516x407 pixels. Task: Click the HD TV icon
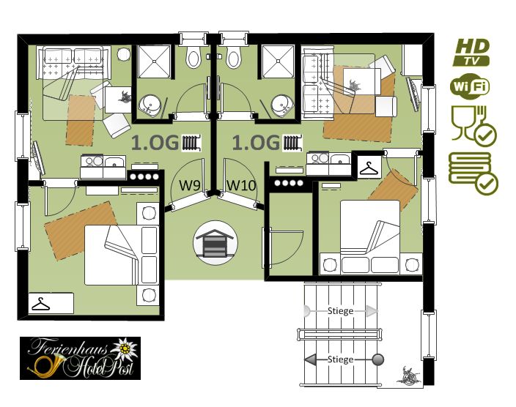[x=471, y=52]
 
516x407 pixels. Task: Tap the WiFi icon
[x=470, y=86]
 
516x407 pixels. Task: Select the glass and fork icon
[x=473, y=126]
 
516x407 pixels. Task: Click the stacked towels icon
[x=473, y=173]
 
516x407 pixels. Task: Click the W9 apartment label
[x=190, y=185]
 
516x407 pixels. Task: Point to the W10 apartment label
[x=241, y=185]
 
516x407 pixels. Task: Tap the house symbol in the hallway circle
[x=215, y=243]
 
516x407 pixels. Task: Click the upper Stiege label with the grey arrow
[x=341, y=310]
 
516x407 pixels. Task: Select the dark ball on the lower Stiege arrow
[x=378, y=359]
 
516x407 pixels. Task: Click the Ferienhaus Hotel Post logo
[x=81, y=358]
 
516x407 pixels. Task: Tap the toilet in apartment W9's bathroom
[x=193, y=56]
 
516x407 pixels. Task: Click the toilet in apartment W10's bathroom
[x=233, y=56]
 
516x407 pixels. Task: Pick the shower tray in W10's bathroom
[x=278, y=61]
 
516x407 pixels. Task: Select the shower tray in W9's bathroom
[x=154, y=61]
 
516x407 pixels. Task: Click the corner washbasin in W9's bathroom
[x=150, y=105]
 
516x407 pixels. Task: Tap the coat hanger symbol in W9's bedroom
[x=41, y=304]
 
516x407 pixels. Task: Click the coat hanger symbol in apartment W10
[x=369, y=168]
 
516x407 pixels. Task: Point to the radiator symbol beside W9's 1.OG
[x=192, y=143]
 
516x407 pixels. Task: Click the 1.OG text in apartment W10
[x=256, y=143]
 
